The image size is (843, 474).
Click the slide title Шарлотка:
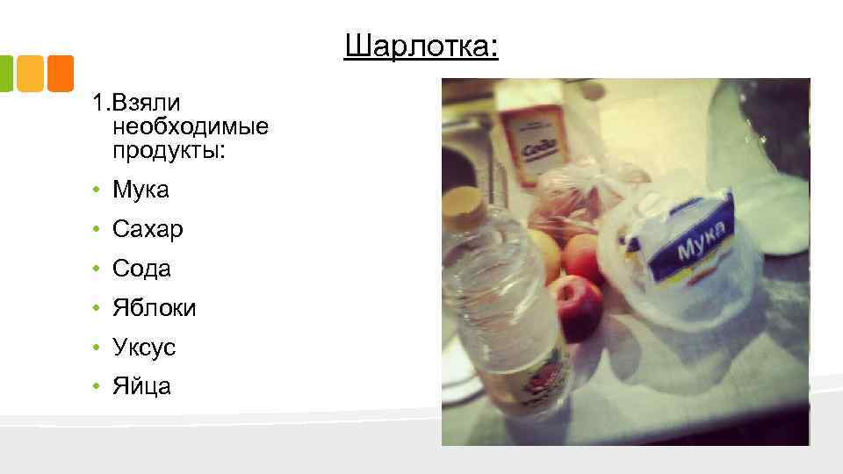pos(421,45)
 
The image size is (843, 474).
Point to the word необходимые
pos(191,127)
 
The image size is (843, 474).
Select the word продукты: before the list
pos(169,151)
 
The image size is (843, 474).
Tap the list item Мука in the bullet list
pos(140,190)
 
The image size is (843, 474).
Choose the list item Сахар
pos(148,230)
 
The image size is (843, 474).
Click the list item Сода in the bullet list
pos(141,269)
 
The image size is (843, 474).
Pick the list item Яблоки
pos(155,308)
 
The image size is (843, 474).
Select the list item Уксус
pos(144,348)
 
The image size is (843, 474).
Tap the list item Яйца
pos(141,386)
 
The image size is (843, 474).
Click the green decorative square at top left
pos(6,74)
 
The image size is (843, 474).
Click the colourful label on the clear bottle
pos(545,369)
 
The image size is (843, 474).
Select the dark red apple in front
pos(579,306)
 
